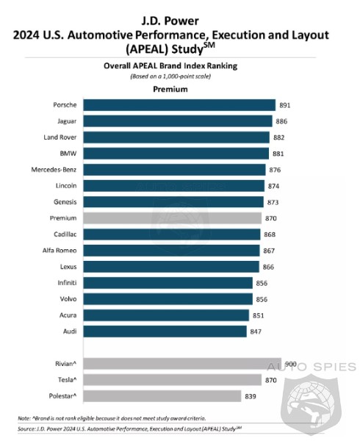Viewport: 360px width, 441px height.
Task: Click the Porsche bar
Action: pos(179,105)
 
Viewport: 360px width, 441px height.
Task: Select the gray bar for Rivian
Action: pos(182,363)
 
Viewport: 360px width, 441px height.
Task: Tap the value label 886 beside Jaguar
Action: pos(281,121)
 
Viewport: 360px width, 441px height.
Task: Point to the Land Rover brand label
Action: pos(60,137)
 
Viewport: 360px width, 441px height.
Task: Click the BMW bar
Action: pos(176,154)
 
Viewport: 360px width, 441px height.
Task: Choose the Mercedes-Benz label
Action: pos(54,170)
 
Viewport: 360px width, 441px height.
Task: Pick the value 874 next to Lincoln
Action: pos(273,186)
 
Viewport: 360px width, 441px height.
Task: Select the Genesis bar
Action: pos(173,202)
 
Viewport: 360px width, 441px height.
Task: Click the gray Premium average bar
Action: pos(172,218)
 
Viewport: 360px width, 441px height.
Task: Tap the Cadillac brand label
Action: pos(65,234)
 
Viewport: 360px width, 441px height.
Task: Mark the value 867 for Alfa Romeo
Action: pos(269,251)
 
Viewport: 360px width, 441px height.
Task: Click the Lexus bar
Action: pos(171,267)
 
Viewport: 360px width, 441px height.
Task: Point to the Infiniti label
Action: pos(67,283)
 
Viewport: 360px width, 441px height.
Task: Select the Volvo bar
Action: pos(168,299)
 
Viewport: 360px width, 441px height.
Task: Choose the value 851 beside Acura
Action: pos(259,315)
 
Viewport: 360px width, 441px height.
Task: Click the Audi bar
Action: pos(165,331)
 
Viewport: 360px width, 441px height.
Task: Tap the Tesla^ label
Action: pos(67,380)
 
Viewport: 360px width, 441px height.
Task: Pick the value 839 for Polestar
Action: pos(251,396)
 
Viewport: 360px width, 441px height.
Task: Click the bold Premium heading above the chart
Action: pos(170,89)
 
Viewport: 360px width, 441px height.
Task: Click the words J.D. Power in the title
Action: pos(170,21)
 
